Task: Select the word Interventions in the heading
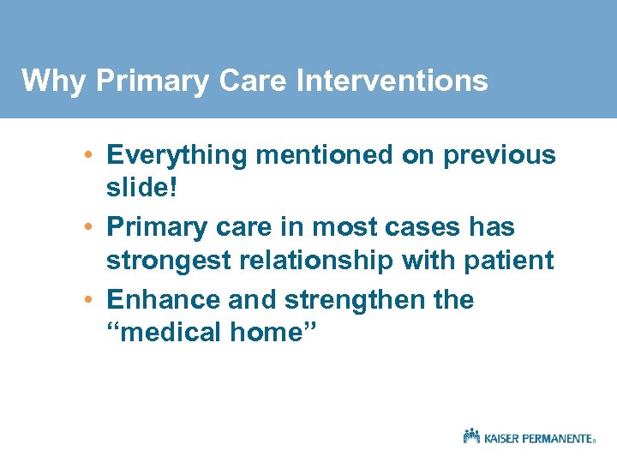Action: click(392, 81)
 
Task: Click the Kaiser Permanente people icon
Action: click(471, 436)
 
